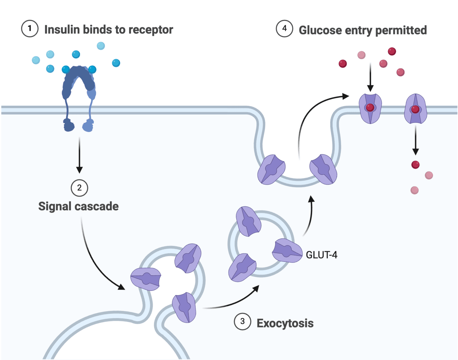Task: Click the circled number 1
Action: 29,28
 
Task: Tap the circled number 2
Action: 79,188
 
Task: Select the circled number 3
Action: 242,321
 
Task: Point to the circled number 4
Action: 285,28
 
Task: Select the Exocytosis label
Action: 285,323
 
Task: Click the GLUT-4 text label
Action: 321,255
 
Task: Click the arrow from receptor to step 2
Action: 79,155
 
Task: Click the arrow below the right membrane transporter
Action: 415,140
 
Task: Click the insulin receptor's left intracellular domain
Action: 69,125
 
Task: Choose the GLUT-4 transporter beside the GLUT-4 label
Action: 287,251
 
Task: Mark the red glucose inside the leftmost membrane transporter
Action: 370,107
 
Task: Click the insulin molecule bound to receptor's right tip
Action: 92,69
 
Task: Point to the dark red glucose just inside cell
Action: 415,165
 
